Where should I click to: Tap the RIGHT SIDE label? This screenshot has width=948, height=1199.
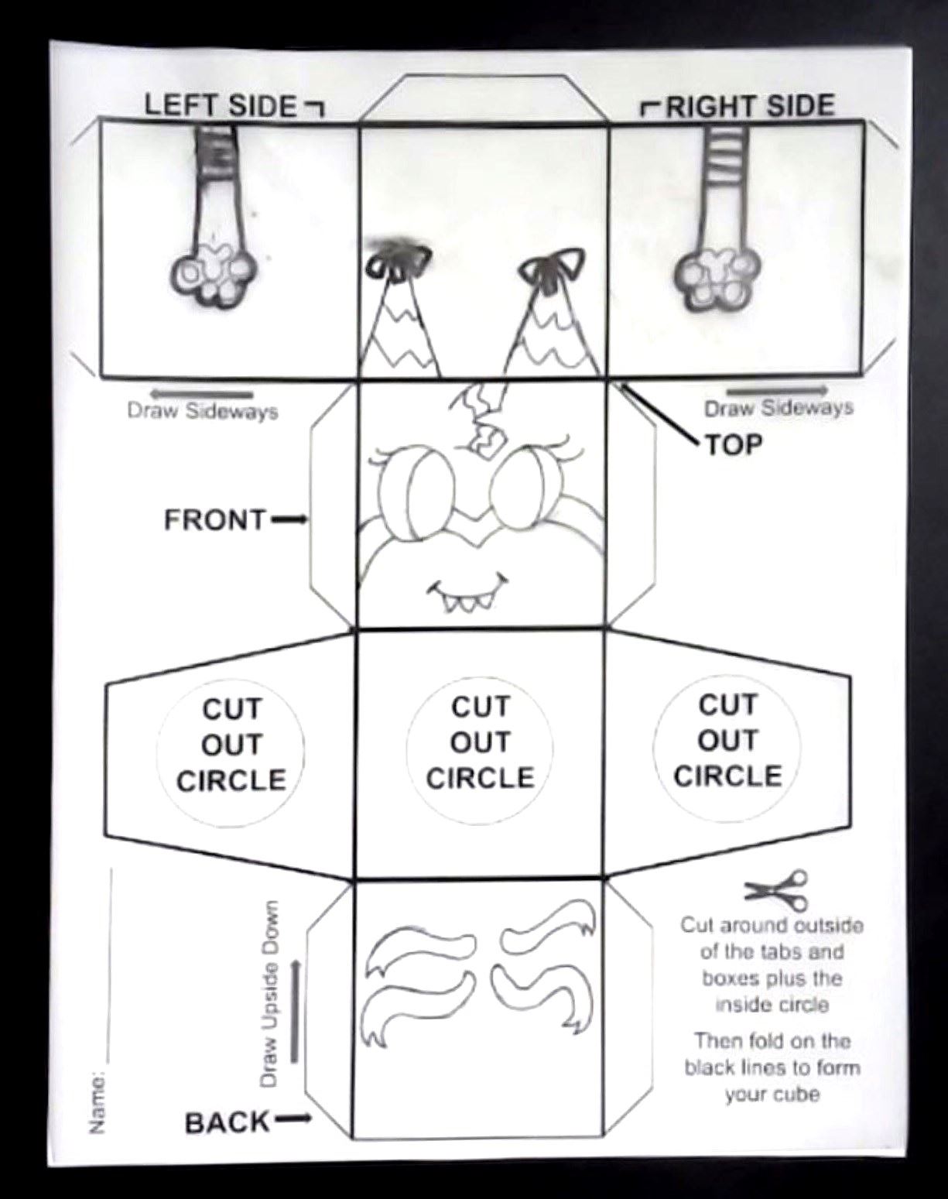[751, 106]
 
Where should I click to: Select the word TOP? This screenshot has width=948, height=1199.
[734, 444]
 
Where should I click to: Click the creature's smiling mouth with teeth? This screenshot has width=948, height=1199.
[468, 595]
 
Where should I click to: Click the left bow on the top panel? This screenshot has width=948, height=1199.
[399, 262]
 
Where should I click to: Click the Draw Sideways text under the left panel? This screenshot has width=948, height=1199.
[203, 411]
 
